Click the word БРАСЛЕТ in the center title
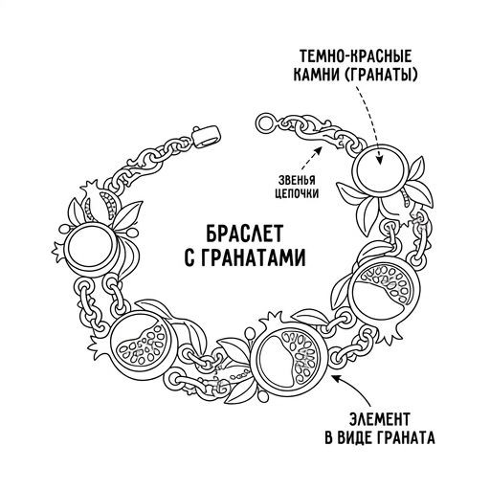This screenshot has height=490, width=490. pos(244,234)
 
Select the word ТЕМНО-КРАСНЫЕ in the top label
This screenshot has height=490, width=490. pos(356,56)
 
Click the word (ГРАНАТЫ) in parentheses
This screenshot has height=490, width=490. pos(380,76)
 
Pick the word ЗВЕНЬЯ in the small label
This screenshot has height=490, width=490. pos(297,181)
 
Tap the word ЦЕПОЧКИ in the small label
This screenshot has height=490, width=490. pos(297,193)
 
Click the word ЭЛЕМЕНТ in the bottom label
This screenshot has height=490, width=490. pos(380,419)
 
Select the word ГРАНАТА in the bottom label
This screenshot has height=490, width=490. pos(405,438)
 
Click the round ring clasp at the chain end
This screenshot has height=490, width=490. pos(265,122)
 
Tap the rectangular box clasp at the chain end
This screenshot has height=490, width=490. pos(208,137)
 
